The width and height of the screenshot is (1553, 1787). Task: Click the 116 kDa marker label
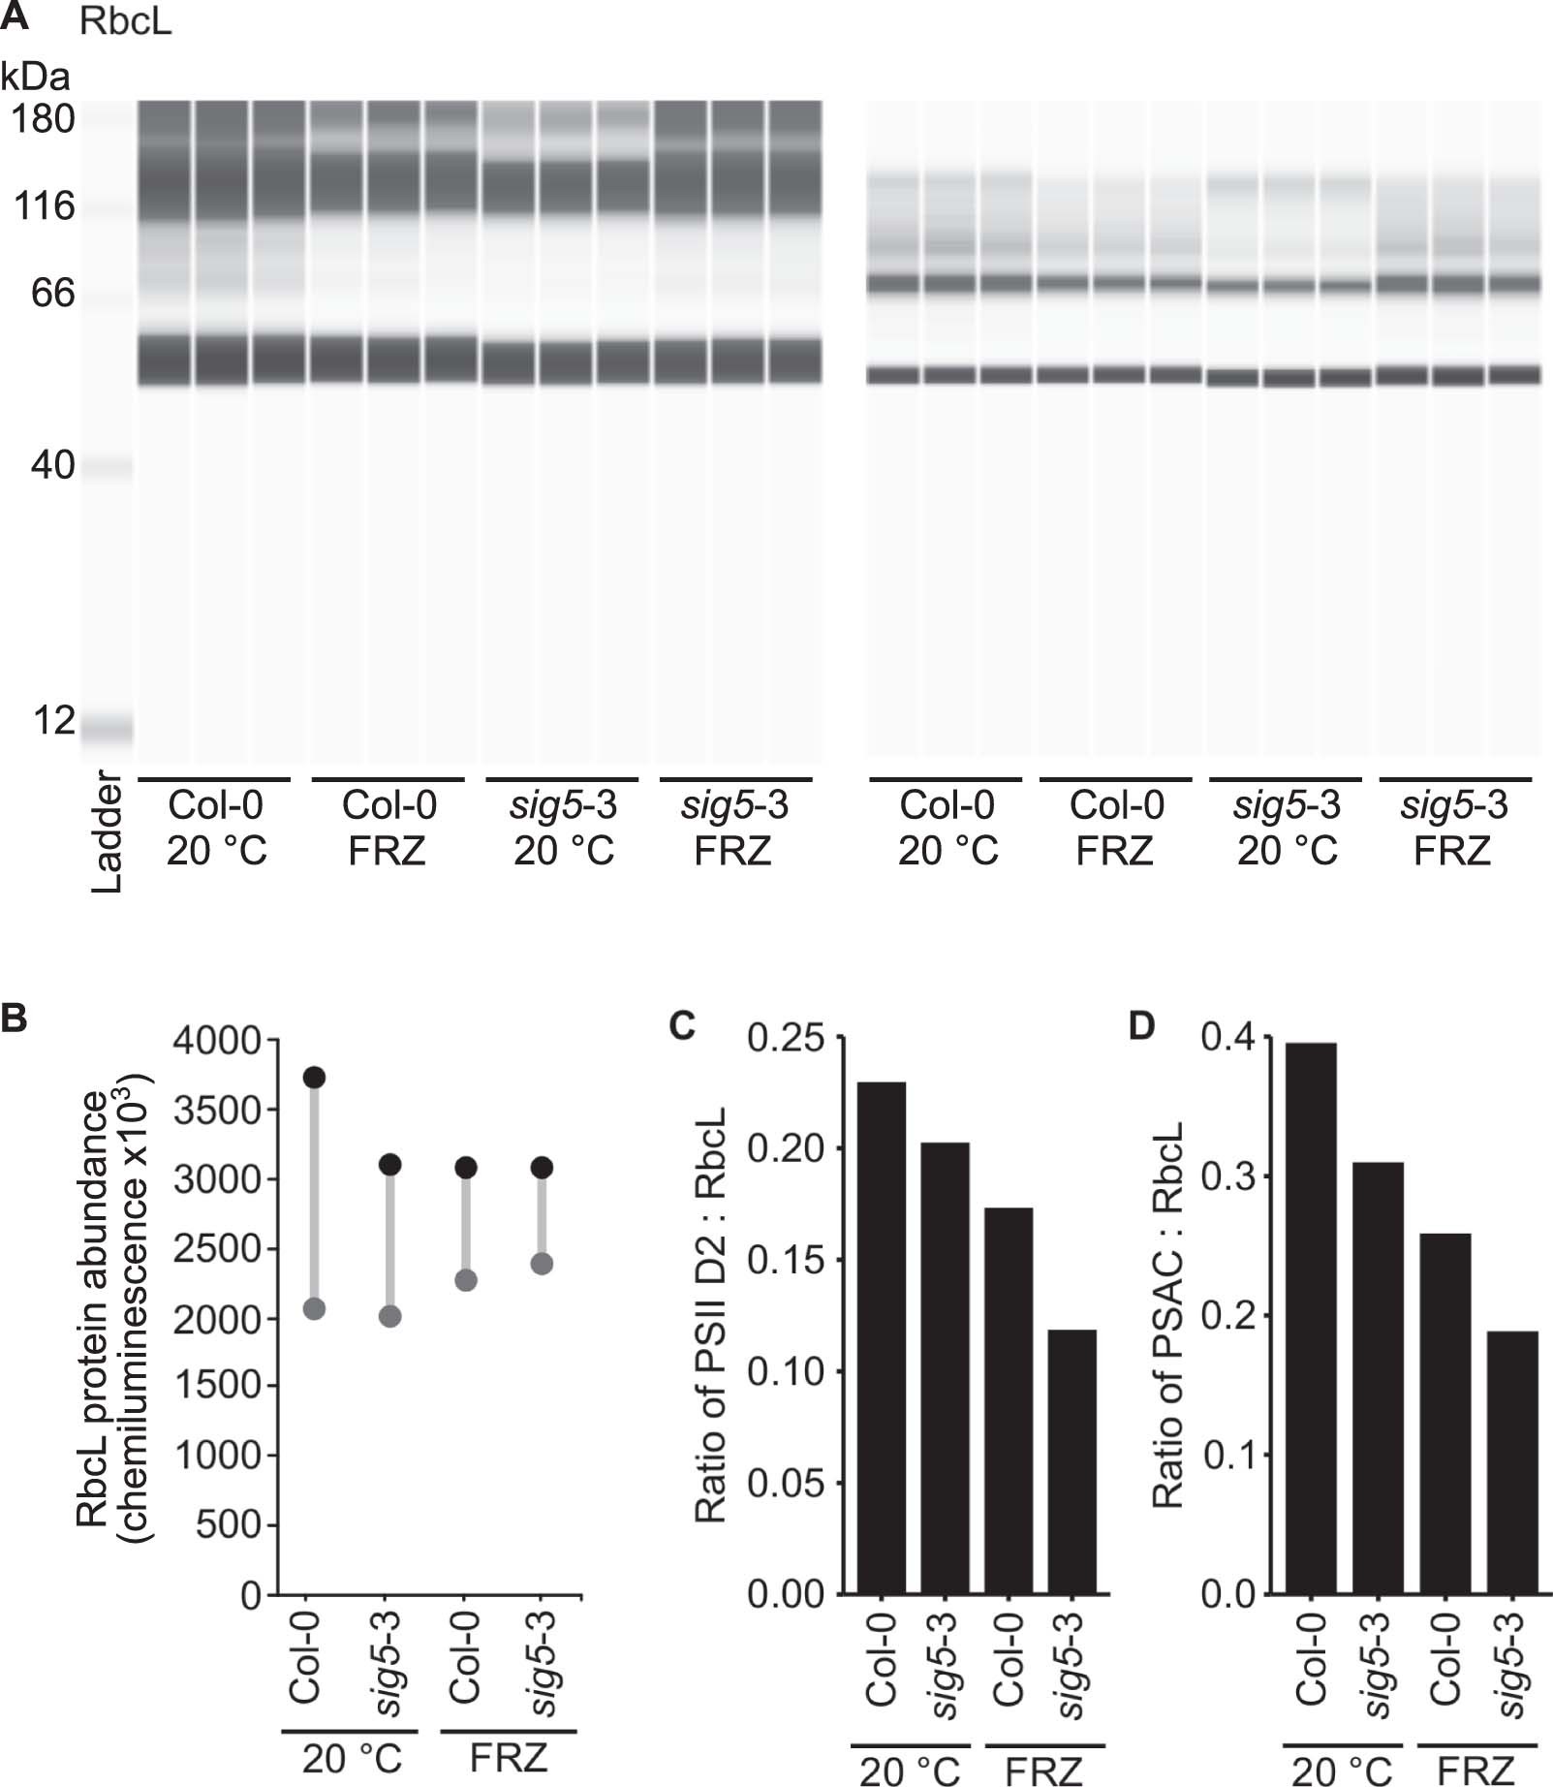tap(44, 206)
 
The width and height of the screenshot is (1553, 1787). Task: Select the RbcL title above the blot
tap(126, 21)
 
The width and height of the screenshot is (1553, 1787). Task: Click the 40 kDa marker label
tap(52, 466)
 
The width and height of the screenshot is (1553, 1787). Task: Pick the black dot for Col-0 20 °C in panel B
tap(314, 1078)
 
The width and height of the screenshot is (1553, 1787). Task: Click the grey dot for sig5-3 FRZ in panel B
tap(542, 1264)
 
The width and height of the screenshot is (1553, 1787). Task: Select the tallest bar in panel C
tap(882, 1337)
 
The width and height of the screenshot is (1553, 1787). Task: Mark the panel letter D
tap(1142, 1025)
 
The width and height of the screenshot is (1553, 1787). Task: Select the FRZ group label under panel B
tap(509, 1756)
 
